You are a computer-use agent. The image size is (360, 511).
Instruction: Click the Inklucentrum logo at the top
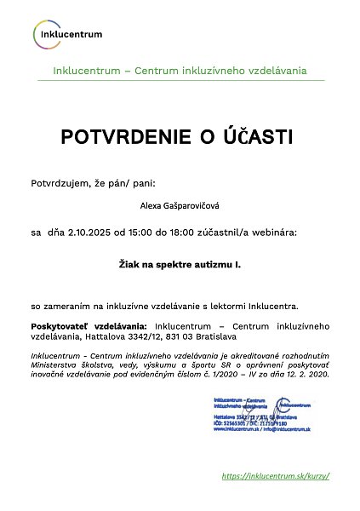coord(67,34)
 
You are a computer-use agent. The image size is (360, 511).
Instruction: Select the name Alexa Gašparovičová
coord(180,205)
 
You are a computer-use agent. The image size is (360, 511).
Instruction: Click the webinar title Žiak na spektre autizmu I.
coord(180,265)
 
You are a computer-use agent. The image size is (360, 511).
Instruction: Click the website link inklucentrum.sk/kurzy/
coord(274,476)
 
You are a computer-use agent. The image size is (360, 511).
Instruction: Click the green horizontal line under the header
coord(180,81)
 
